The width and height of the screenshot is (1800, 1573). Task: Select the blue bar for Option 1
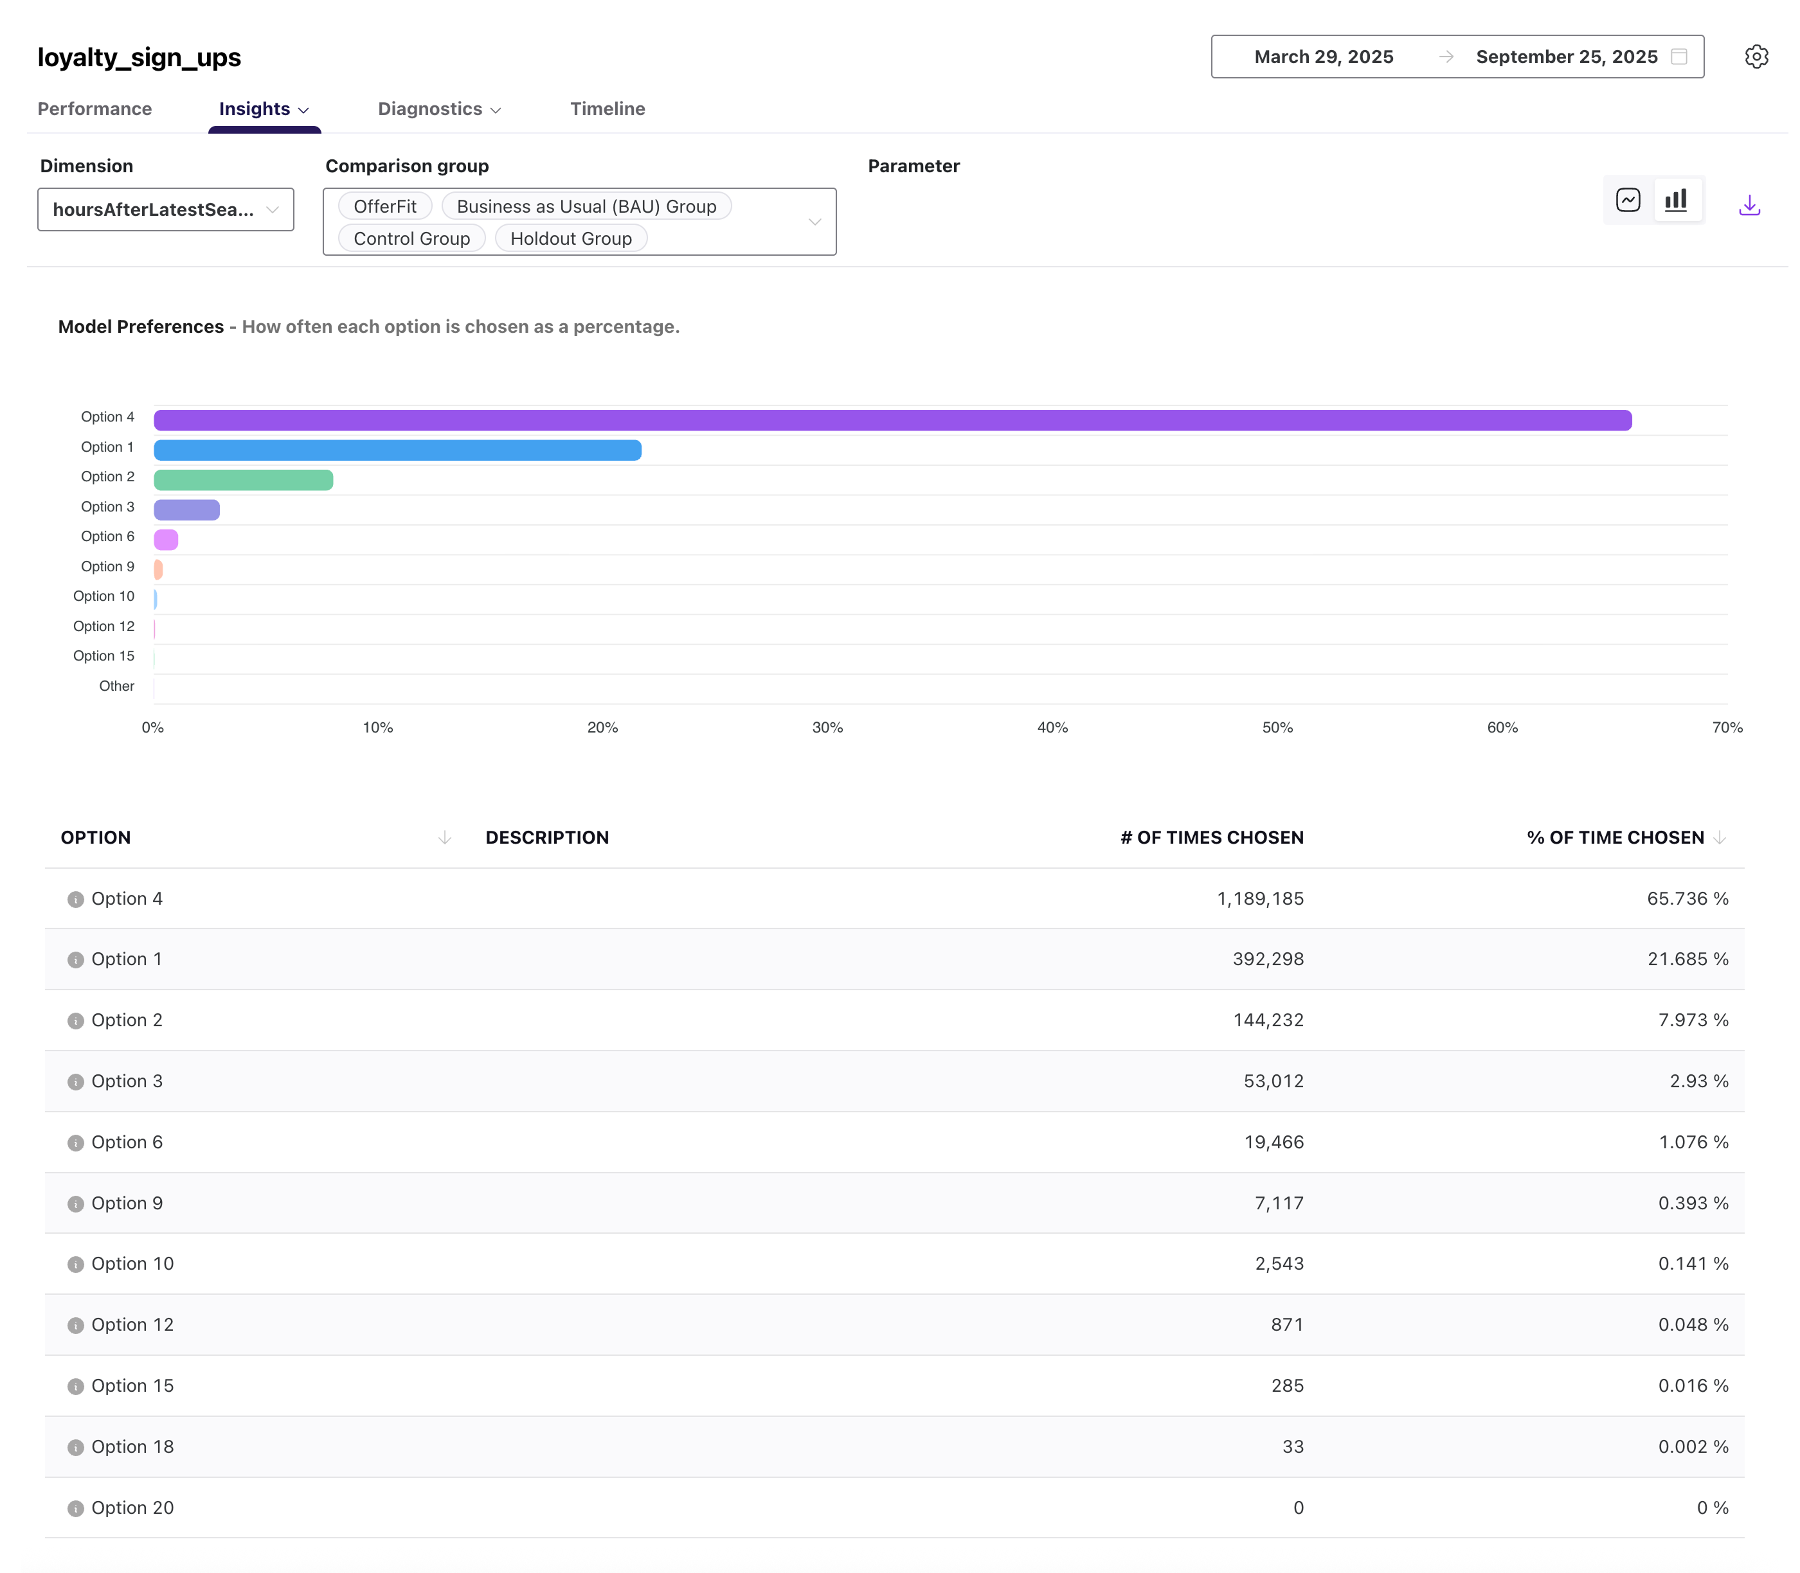397,450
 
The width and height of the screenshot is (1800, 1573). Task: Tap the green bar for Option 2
243,480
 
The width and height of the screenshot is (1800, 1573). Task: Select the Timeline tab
607,109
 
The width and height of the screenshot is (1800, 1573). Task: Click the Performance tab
95,109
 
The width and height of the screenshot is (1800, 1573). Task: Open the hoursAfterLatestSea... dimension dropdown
165,209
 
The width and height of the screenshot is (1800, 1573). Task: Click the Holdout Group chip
571,239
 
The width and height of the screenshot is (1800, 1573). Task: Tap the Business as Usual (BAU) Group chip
586,206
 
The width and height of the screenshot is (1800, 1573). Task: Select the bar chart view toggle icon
1675,200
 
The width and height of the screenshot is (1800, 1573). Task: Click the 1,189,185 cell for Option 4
1259,899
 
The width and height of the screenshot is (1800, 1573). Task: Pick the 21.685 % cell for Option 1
1687,959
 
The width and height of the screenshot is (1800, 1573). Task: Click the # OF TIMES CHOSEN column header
1211,837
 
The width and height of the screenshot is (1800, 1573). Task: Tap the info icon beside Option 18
75,1448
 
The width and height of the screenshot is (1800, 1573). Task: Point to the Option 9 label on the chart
107,567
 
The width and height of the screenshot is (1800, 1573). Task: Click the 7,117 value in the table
1279,1204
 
